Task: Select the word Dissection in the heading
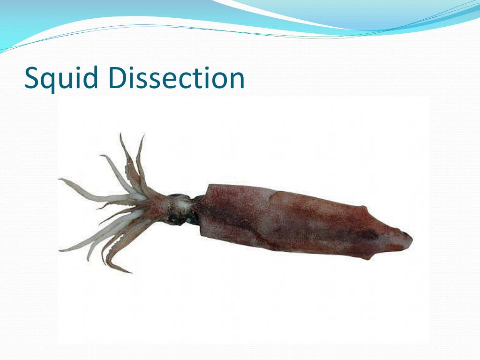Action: coord(179,78)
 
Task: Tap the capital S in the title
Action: coord(31,78)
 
